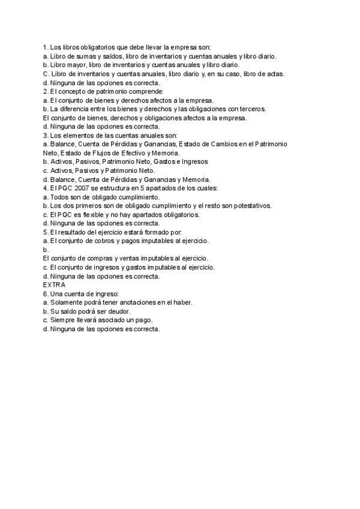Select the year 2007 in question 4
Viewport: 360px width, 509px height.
[76, 188]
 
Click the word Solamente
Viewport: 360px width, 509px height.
[67, 303]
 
